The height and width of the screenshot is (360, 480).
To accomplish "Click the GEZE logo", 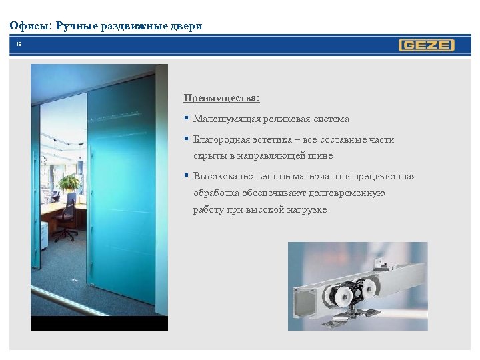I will (x=427, y=45).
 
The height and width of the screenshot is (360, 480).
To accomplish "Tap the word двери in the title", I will (x=186, y=26).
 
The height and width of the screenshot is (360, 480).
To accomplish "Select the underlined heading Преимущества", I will (x=221, y=99).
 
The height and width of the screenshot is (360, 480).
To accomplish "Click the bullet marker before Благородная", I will (x=187, y=140).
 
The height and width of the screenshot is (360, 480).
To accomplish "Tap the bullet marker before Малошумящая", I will (x=187, y=119).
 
